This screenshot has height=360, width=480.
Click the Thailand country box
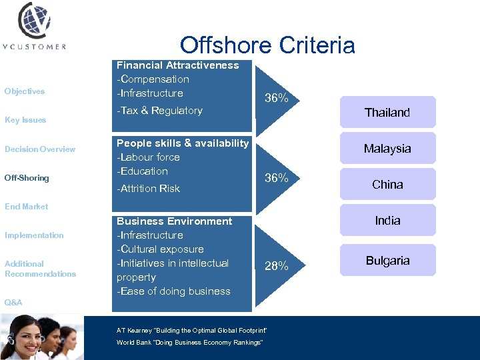387,113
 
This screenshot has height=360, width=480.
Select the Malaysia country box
387,149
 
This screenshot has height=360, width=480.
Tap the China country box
387,185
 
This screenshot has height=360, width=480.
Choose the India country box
387,221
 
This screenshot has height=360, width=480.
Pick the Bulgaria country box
387,261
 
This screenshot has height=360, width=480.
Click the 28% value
277,266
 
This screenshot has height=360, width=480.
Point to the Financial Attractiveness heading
177,65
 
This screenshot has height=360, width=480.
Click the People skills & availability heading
183,143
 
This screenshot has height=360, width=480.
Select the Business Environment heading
175,221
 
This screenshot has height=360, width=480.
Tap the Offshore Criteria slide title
267,45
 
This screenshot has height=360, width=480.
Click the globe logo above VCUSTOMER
34,21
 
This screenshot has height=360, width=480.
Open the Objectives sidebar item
25,91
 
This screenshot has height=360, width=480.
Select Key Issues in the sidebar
25,120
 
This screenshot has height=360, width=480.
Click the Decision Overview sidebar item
40,149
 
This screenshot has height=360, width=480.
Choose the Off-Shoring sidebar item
27,178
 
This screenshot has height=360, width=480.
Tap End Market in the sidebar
27,207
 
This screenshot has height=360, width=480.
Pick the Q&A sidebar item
13,303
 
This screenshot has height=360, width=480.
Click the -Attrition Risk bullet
148,189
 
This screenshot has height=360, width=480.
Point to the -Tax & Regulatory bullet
159,111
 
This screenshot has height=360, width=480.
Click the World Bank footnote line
189,342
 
